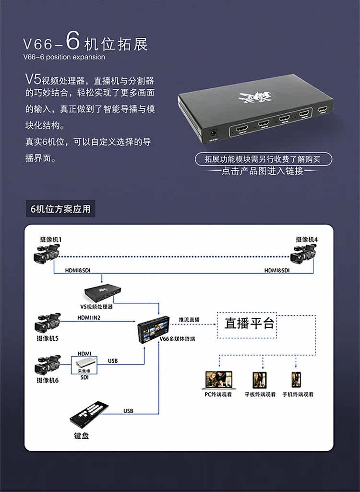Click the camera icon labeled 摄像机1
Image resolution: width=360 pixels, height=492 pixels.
[47, 253]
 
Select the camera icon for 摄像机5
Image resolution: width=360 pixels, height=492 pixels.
[47, 324]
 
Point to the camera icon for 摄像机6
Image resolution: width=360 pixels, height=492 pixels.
[47, 365]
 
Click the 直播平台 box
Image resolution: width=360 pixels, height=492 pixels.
[250, 323]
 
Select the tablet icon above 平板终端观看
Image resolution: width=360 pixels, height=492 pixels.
[259, 380]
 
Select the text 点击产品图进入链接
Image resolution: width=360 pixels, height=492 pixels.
[262, 171]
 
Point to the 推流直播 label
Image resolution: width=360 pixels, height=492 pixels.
[189, 320]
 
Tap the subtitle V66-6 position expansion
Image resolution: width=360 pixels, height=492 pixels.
[64, 57]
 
